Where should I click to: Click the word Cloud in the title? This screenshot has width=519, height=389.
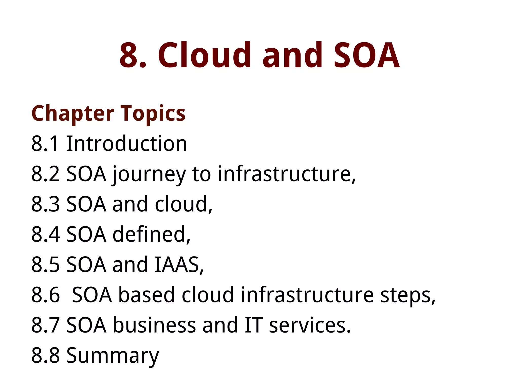tap(204, 55)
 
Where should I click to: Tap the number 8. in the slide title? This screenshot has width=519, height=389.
tap(133, 55)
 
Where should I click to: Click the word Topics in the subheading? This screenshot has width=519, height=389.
tap(153, 114)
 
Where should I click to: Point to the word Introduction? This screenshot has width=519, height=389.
tap(126, 144)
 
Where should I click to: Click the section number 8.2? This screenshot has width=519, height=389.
tap(45, 174)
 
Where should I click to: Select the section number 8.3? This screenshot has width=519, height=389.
tap(45, 204)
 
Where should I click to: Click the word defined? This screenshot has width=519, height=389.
tap(151, 234)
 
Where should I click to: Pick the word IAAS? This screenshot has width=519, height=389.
tap(179, 265)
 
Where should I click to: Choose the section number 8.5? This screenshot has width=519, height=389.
tap(45, 265)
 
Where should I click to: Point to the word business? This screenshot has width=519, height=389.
tap(154, 325)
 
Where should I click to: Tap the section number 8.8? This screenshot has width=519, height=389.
tap(45, 355)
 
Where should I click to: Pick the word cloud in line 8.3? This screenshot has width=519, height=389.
tap(183, 204)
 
